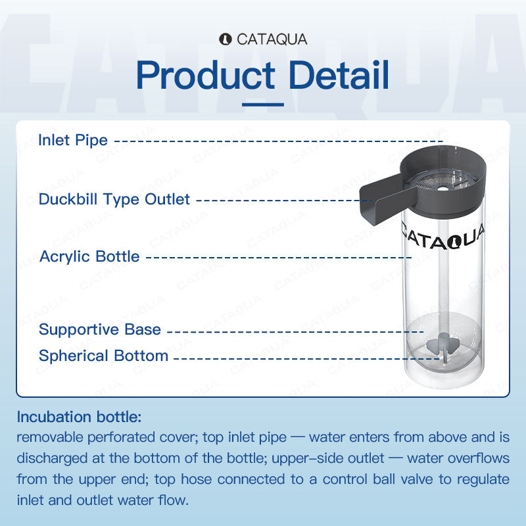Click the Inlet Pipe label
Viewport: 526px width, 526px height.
pyautogui.click(x=73, y=140)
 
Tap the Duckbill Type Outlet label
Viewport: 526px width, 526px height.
pyautogui.click(x=114, y=199)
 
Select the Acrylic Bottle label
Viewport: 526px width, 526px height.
pyautogui.click(x=89, y=256)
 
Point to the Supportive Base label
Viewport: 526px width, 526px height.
pyautogui.click(x=100, y=329)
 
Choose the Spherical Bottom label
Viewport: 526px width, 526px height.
pyautogui.click(x=103, y=356)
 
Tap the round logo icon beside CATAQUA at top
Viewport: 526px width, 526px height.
pyautogui.click(x=226, y=39)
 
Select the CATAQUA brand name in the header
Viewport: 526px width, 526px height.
pyautogui.click(x=272, y=39)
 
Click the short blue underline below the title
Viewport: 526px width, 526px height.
pyautogui.click(x=263, y=105)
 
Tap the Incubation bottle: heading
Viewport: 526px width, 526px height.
pyautogui.click(x=79, y=417)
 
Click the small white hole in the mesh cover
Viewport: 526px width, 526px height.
pyautogui.click(x=442, y=189)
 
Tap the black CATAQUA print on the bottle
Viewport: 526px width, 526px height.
pyautogui.click(x=442, y=237)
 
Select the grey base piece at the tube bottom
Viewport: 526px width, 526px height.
pyautogui.click(x=442, y=346)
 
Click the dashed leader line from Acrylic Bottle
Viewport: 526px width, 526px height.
pyautogui.click(x=279, y=258)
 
